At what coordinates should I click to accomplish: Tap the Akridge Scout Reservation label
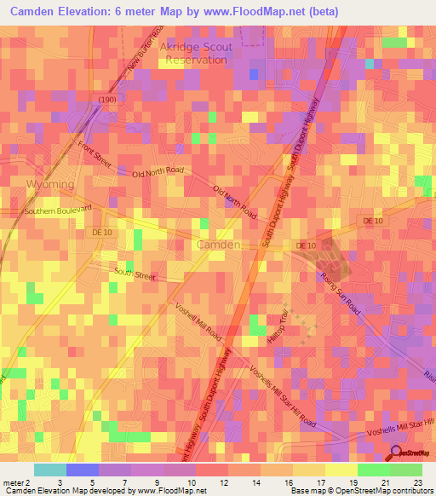click(196, 54)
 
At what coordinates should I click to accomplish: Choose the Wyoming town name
click(50, 184)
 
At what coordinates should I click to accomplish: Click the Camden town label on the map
click(219, 245)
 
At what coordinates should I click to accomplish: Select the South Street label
click(135, 274)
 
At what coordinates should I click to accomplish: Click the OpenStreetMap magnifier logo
click(397, 454)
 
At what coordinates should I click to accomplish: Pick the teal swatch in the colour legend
click(50, 470)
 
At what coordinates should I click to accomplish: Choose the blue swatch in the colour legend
click(83, 470)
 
